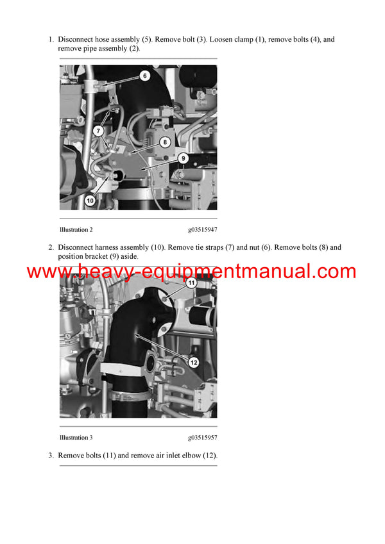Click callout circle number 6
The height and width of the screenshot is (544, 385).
pos(144,76)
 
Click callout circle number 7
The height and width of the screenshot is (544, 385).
pos(99,131)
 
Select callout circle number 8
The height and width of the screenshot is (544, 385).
pos(165,142)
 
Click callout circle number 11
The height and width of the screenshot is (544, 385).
pos(191,283)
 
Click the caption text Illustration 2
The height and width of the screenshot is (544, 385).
pos(76,229)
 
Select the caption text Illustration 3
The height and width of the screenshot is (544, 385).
pos(76,438)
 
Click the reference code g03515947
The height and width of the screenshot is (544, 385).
pos(202,229)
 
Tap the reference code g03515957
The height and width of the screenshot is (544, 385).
pos(202,438)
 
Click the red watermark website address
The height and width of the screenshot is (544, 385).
pos(192,271)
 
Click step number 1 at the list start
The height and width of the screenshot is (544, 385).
pos(51,40)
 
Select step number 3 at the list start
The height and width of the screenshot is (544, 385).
pos(51,456)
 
